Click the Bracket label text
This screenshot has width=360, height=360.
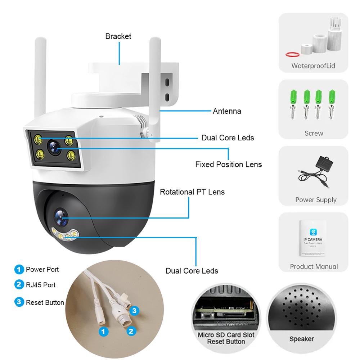118,36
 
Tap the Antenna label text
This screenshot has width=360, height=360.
227,111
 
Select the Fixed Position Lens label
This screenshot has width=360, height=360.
228,165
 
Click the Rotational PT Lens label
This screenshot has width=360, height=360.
192,192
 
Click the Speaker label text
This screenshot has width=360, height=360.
301,339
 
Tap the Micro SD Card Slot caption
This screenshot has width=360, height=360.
226,335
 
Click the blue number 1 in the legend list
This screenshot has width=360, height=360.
18,269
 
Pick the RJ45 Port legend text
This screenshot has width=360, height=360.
41,285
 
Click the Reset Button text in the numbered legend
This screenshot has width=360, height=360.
45,302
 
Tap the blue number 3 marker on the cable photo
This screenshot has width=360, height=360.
134,311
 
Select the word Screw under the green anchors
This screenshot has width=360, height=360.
314,133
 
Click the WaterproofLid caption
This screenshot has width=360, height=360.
313,66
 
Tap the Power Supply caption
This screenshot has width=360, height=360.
316,200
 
